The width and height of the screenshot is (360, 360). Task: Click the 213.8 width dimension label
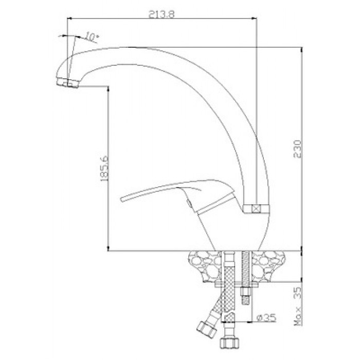[161, 14]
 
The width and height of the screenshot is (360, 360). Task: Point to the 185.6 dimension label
[104, 168]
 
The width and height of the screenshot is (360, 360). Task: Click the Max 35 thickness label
[298, 307]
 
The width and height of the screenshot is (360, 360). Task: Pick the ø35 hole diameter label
[266, 318]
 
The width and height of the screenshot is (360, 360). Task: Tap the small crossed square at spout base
[255, 209]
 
